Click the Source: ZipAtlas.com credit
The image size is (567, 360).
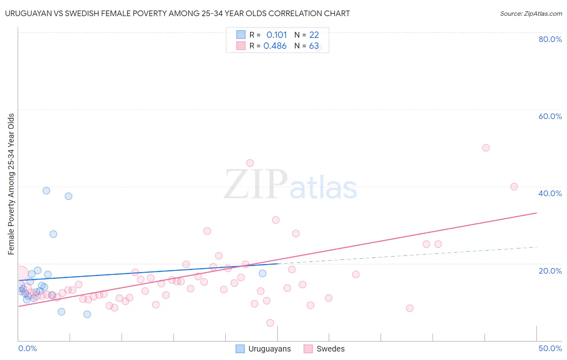531,13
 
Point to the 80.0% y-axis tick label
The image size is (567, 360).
550,39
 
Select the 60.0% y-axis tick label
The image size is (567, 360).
550,116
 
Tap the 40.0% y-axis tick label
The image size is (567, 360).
550,193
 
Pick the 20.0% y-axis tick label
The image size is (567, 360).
550,271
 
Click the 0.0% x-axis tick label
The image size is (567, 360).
27,348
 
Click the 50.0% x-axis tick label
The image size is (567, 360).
550,348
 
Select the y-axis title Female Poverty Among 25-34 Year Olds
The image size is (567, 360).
11,184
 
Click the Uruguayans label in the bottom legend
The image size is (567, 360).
269,349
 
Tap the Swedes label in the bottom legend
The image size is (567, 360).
330,349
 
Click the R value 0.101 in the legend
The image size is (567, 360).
276,35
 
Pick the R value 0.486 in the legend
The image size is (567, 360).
275,46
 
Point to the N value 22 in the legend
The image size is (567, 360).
314,35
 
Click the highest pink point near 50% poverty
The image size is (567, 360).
486,148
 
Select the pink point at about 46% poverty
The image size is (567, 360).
250,163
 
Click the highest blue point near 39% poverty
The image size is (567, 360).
46,190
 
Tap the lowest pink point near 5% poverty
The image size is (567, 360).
270,323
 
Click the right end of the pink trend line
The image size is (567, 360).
536,213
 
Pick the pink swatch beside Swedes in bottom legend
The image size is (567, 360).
308,349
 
